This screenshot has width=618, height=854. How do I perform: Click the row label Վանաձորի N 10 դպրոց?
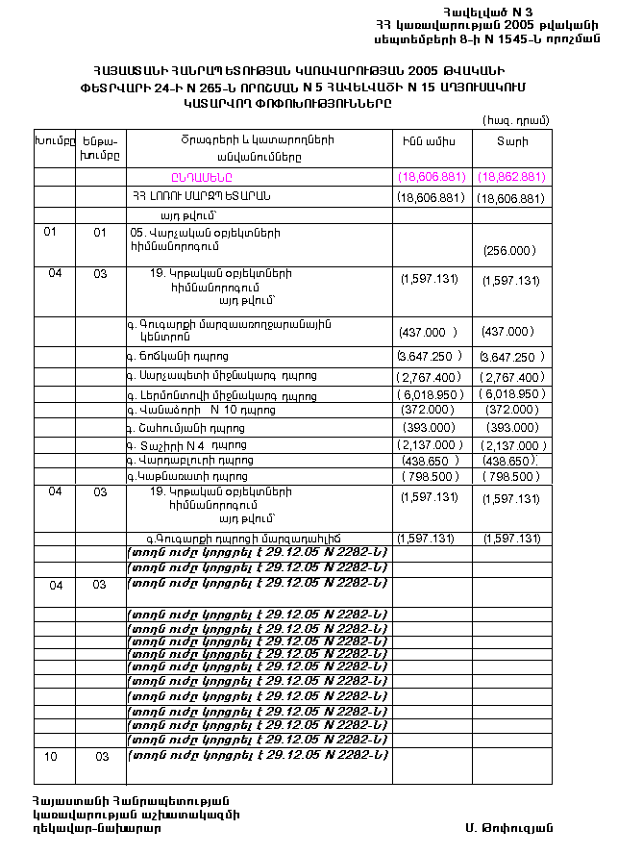coord(201,410)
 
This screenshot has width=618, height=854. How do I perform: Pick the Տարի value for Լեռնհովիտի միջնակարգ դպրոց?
coord(511,394)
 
